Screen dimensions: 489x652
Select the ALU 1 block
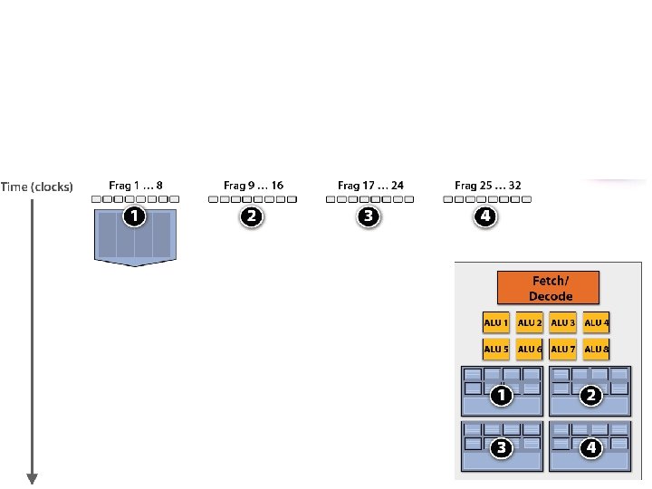click(496, 322)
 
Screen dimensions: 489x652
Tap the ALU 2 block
click(530, 322)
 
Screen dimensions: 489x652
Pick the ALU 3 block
click(563, 322)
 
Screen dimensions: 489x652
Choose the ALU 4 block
click(597, 322)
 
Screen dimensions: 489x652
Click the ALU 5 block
click(496, 349)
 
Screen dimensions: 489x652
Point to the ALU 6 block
click(530, 349)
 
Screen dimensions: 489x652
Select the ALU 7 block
click(563, 349)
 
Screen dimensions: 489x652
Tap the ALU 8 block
click(597, 349)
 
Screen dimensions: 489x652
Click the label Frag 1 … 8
click(136, 186)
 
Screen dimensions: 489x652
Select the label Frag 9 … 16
click(253, 186)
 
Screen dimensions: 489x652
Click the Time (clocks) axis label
click(37, 187)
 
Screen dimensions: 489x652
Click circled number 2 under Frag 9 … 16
click(252, 216)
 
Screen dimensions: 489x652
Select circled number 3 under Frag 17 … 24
click(369, 216)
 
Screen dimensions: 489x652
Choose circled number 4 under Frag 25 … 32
click(486, 216)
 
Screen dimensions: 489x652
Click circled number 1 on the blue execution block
click(135, 216)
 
